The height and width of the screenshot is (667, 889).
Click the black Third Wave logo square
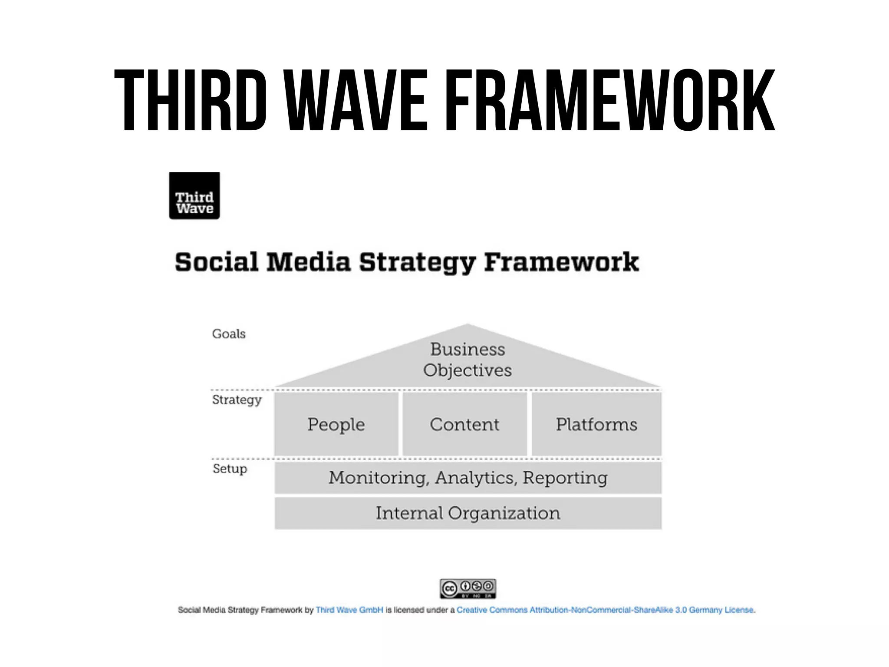pyautogui.click(x=194, y=196)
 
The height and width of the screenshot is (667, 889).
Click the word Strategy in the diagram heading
pyautogui.click(x=417, y=263)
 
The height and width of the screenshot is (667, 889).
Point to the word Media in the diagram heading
pyautogui.click(x=308, y=262)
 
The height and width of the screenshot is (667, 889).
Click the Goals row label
pyautogui.click(x=229, y=334)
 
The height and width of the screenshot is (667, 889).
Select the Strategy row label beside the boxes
pyautogui.click(x=237, y=400)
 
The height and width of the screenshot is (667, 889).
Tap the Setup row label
pyautogui.click(x=230, y=469)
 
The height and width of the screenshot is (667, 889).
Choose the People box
pyautogui.click(x=336, y=424)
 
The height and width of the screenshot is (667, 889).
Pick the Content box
pyautogui.click(x=464, y=424)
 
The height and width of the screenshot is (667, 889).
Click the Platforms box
pyautogui.click(x=596, y=424)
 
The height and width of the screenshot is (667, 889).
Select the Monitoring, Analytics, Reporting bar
pyautogui.click(x=468, y=478)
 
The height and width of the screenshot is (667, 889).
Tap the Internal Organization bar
pyautogui.click(x=468, y=513)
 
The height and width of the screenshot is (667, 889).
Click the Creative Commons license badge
pyautogui.click(x=468, y=589)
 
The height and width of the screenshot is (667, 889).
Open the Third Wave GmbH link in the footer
pyautogui.click(x=349, y=610)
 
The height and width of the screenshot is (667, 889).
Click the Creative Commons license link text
pyautogui.click(x=605, y=610)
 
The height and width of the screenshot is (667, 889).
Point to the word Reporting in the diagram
pyautogui.click(x=565, y=478)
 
